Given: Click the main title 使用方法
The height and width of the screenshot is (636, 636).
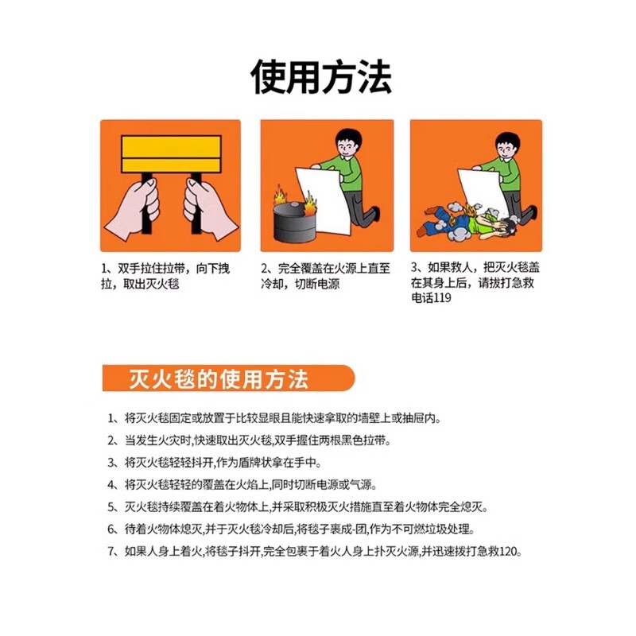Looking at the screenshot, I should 320,78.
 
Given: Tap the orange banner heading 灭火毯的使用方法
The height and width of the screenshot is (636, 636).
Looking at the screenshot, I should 219,378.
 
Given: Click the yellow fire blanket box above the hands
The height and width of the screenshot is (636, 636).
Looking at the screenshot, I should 170,153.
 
